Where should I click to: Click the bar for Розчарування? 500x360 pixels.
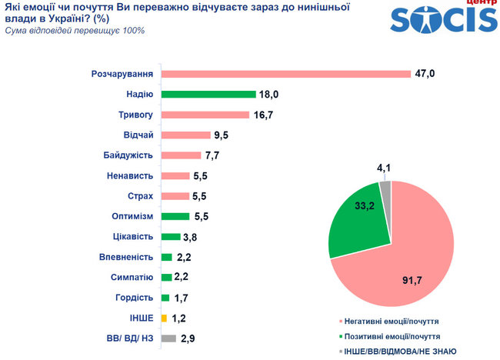coord(285,74)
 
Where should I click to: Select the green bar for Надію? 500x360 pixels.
coord(208,95)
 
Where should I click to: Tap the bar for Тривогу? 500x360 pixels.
coord(205,115)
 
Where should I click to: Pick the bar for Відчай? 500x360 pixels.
coord(185,135)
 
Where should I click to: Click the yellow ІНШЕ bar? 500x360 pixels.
coord(165,317)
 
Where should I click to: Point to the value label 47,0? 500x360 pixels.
coord(426,74)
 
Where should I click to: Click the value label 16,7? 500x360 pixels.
coord(265,115)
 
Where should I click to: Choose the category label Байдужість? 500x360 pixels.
coord(128,155)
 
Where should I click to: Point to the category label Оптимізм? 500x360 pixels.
coord(132,216)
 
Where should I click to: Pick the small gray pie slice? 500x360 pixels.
coord(385,188)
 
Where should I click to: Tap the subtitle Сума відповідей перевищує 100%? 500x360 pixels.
coord(75,31)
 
